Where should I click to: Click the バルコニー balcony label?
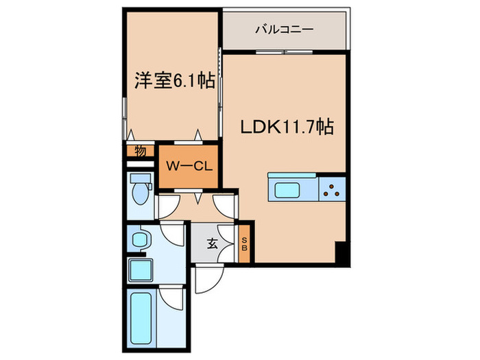click(284, 29)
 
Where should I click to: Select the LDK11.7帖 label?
click(286, 127)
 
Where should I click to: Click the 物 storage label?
click(140, 151)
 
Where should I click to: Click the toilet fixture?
click(141, 193)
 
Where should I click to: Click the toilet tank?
click(141, 180)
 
